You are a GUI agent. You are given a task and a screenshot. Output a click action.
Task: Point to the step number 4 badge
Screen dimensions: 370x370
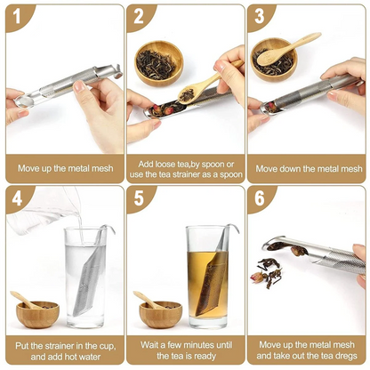pyautogui.click(x=15, y=198)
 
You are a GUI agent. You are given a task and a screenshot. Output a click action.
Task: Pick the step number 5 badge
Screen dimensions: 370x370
pyautogui.click(x=138, y=198)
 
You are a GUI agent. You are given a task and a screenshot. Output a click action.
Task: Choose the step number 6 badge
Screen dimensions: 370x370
pyautogui.click(x=260, y=198)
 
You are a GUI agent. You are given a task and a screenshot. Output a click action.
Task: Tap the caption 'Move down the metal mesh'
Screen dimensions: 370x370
pyautogui.click(x=309, y=168)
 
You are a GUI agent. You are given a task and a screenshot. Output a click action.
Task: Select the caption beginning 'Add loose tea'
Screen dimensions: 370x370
pyautogui.click(x=185, y=167)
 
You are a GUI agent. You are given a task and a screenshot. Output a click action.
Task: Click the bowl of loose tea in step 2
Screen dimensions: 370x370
pyautogui.click(x=159, y=65)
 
